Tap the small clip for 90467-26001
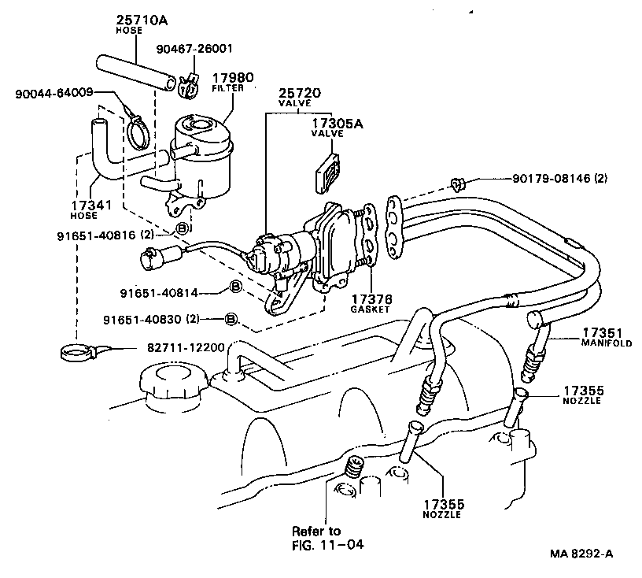186,88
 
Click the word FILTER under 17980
228,88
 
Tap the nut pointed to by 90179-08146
456,186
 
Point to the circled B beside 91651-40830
231,319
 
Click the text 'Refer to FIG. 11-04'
323,536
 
